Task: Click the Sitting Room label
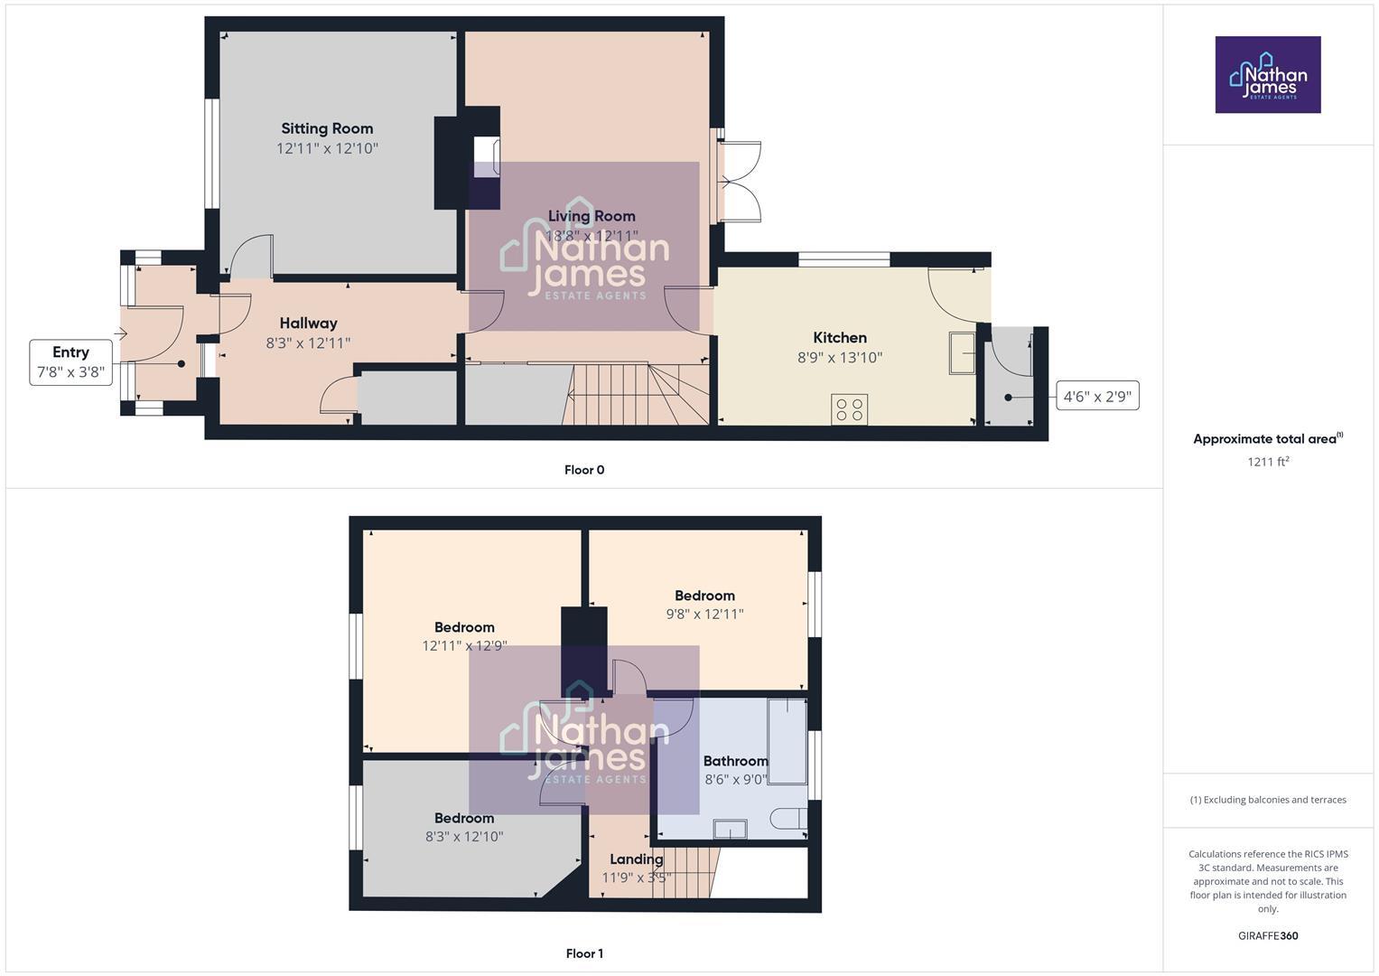click(x=327, y=128)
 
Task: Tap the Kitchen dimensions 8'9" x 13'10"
click(x=840, y=358)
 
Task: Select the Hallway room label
click(x=308, y=323)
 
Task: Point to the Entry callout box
click(x=71, y=361)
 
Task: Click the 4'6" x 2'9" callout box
click(x=1097, y=396)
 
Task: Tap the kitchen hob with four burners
click(x=849, y=409)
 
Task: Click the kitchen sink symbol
click(x=962, y=352)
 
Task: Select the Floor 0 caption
click(x=584, y=470)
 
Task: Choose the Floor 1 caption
click(x=584, y=953)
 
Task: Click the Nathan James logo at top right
click(x=1268, y=75)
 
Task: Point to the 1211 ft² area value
click(x=1268, y=462)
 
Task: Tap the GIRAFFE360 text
click(x=1268, y=935)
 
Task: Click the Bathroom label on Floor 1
click(x=735, y=761)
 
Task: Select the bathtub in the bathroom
click(x=787, y=740)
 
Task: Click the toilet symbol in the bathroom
click(x=788, y=819)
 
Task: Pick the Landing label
click(x=636, y=859)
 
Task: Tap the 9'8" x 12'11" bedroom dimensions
click(x=704, y=615)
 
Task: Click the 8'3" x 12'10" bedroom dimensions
click(x=464, y=837)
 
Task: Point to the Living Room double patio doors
click(x=741, y=182)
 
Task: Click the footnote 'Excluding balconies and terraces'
click(x=1268, y=800)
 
